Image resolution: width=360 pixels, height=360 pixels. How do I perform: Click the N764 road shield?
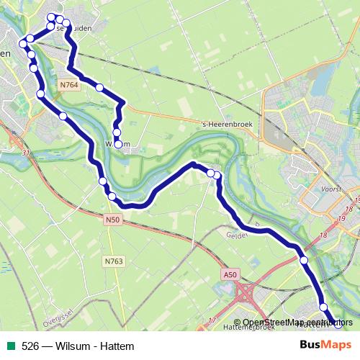(x=70, y=85)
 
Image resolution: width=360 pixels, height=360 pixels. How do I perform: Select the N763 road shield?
(x=112, y=242)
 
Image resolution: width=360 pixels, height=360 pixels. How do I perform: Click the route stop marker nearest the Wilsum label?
(x=117, y=143)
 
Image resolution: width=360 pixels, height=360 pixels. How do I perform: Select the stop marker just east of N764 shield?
(x=99, y=87)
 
